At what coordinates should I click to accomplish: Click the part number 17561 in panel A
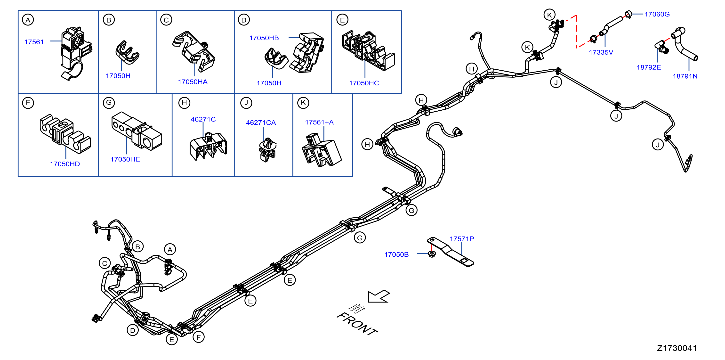[34, 42]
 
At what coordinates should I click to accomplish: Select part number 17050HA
[193, 82]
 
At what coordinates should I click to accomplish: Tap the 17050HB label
[264, 38]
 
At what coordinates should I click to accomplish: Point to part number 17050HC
[364, 83]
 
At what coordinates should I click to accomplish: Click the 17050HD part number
[65, 164]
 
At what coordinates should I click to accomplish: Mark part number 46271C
[203, 119]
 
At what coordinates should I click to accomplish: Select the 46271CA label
[261, 123]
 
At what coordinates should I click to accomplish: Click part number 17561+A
[319, 122]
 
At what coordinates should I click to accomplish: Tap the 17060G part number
[657, 14]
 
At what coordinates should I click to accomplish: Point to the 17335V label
[601, 52]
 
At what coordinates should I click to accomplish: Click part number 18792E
[649, 67]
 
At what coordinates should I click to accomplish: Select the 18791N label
[685, 76]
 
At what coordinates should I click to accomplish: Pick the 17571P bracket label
[462, 239]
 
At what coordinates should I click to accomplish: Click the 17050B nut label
[396, 254]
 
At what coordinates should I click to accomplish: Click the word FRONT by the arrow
[357, 324]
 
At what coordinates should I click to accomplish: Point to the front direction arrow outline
[379, 296]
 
